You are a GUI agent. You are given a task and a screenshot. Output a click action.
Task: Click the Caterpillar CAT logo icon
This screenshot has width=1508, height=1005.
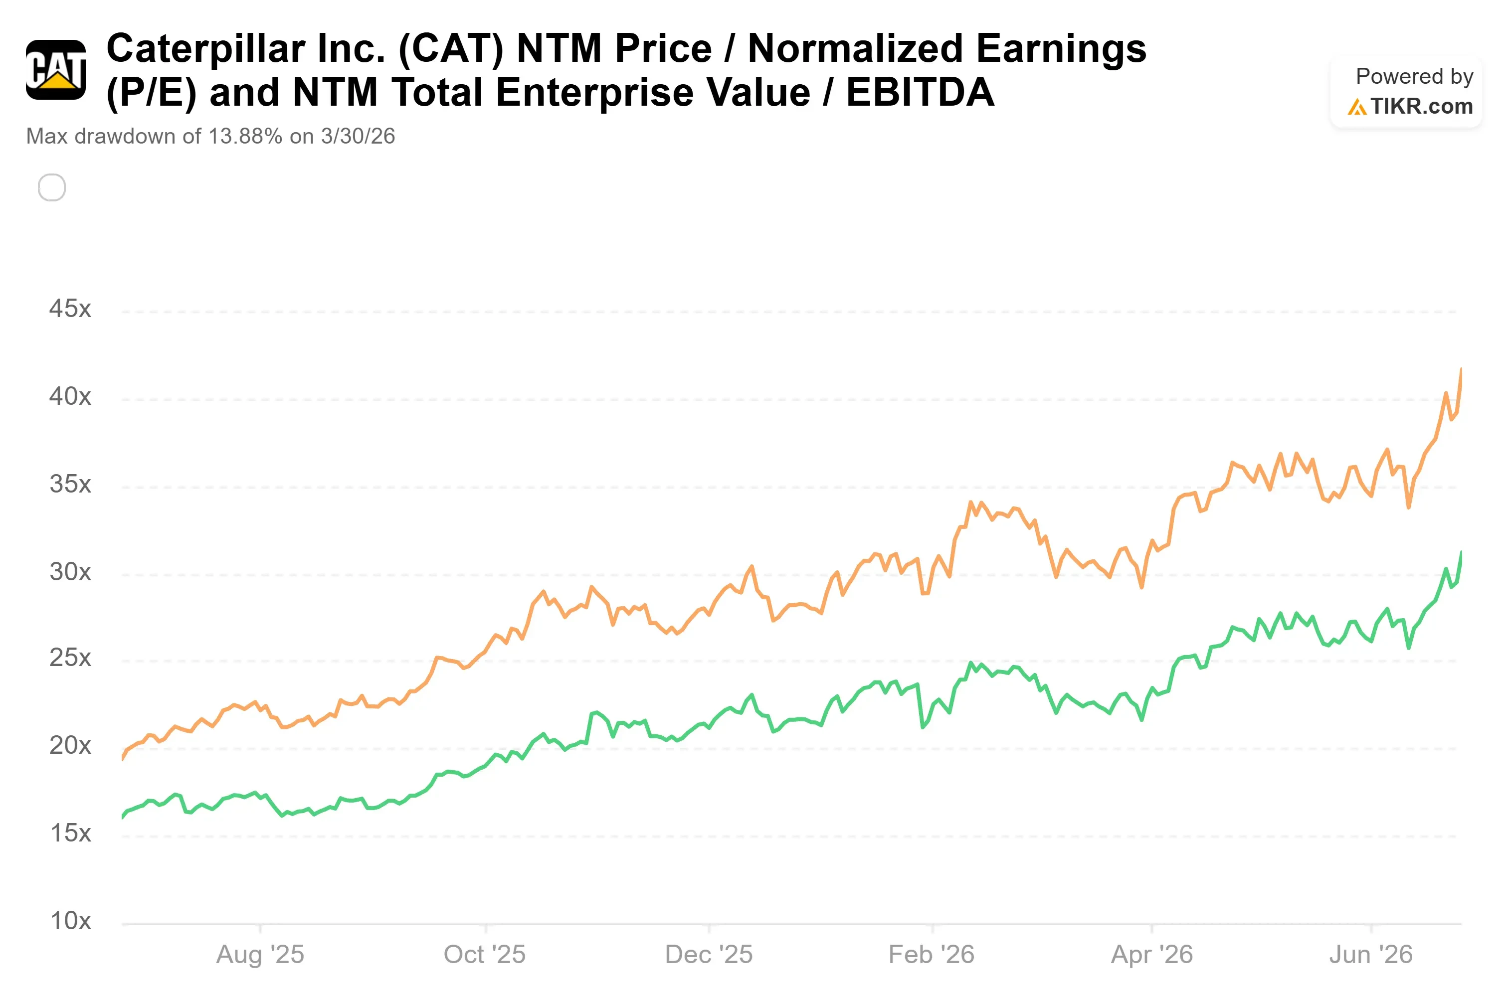[56, 70]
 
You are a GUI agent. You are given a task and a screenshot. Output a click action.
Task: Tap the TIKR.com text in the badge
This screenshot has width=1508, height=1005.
[1421, 106]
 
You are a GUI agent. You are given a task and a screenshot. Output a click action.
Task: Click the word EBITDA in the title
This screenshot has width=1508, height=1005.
[920, 92]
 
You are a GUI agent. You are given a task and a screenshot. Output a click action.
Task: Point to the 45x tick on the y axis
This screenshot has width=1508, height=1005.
[70, 309]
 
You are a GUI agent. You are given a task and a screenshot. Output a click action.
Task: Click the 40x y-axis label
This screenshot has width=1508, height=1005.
[70, 397]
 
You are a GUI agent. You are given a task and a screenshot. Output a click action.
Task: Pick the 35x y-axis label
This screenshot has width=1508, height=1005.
[70, 484]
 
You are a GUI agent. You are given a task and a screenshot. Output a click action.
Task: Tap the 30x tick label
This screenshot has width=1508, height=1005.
[70, 572]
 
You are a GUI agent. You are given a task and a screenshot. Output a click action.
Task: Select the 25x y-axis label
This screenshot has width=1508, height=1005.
[70, 658]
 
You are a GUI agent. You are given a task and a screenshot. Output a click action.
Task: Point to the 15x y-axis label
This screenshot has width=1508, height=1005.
[70, 833]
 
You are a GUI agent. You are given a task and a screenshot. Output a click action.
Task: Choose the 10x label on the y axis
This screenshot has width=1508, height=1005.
[70, 921]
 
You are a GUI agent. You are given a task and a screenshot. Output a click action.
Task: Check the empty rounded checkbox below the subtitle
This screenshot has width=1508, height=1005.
[52, 188]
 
